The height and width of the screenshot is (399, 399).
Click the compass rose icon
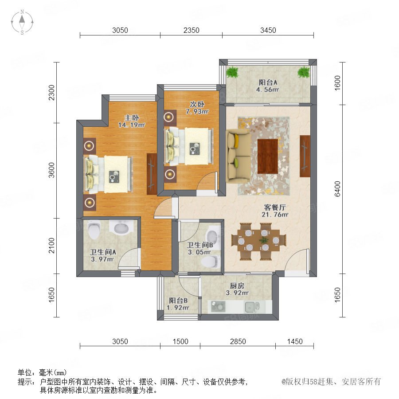pos(22,22)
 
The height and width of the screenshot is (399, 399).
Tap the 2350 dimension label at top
pos(192,30)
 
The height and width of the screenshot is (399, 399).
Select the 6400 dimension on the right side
pos(337,189)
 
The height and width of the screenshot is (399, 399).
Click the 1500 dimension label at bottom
pos(180,341)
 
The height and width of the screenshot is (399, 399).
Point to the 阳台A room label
pos(268,82)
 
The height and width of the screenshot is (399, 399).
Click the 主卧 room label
pos(132,117)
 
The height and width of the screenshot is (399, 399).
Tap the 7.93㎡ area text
pos(197,111)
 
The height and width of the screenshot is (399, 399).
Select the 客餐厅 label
pos(275,207)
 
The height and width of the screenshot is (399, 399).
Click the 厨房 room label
pos(237,286)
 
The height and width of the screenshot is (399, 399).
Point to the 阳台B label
pos(178,301)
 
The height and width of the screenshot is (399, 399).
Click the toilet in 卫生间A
pos(94,230)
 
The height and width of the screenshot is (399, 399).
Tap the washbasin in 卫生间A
pos(121,227)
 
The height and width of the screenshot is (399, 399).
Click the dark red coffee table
pos(267,156)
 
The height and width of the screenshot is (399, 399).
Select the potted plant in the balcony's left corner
pos(232,72)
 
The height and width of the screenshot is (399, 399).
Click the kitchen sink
pos(252,307)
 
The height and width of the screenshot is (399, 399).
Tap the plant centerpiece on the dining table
pos(264,240)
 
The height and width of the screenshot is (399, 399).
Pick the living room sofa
pos(239,156)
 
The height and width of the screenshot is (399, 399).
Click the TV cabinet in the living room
pos(305,156)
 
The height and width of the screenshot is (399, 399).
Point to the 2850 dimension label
pos(238,341)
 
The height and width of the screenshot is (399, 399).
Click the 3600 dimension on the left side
pos(52,170)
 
